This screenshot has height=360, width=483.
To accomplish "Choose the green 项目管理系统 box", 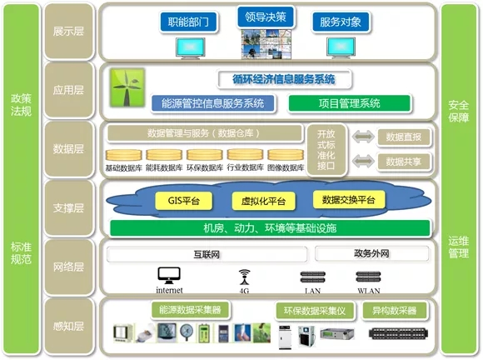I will (349, 103).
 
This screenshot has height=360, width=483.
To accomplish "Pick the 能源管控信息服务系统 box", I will (213, 103).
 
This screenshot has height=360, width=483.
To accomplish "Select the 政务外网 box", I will (372, 253).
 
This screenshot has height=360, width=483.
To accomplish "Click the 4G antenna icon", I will (245, 277).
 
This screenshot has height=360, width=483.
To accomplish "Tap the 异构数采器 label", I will (394, 311).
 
